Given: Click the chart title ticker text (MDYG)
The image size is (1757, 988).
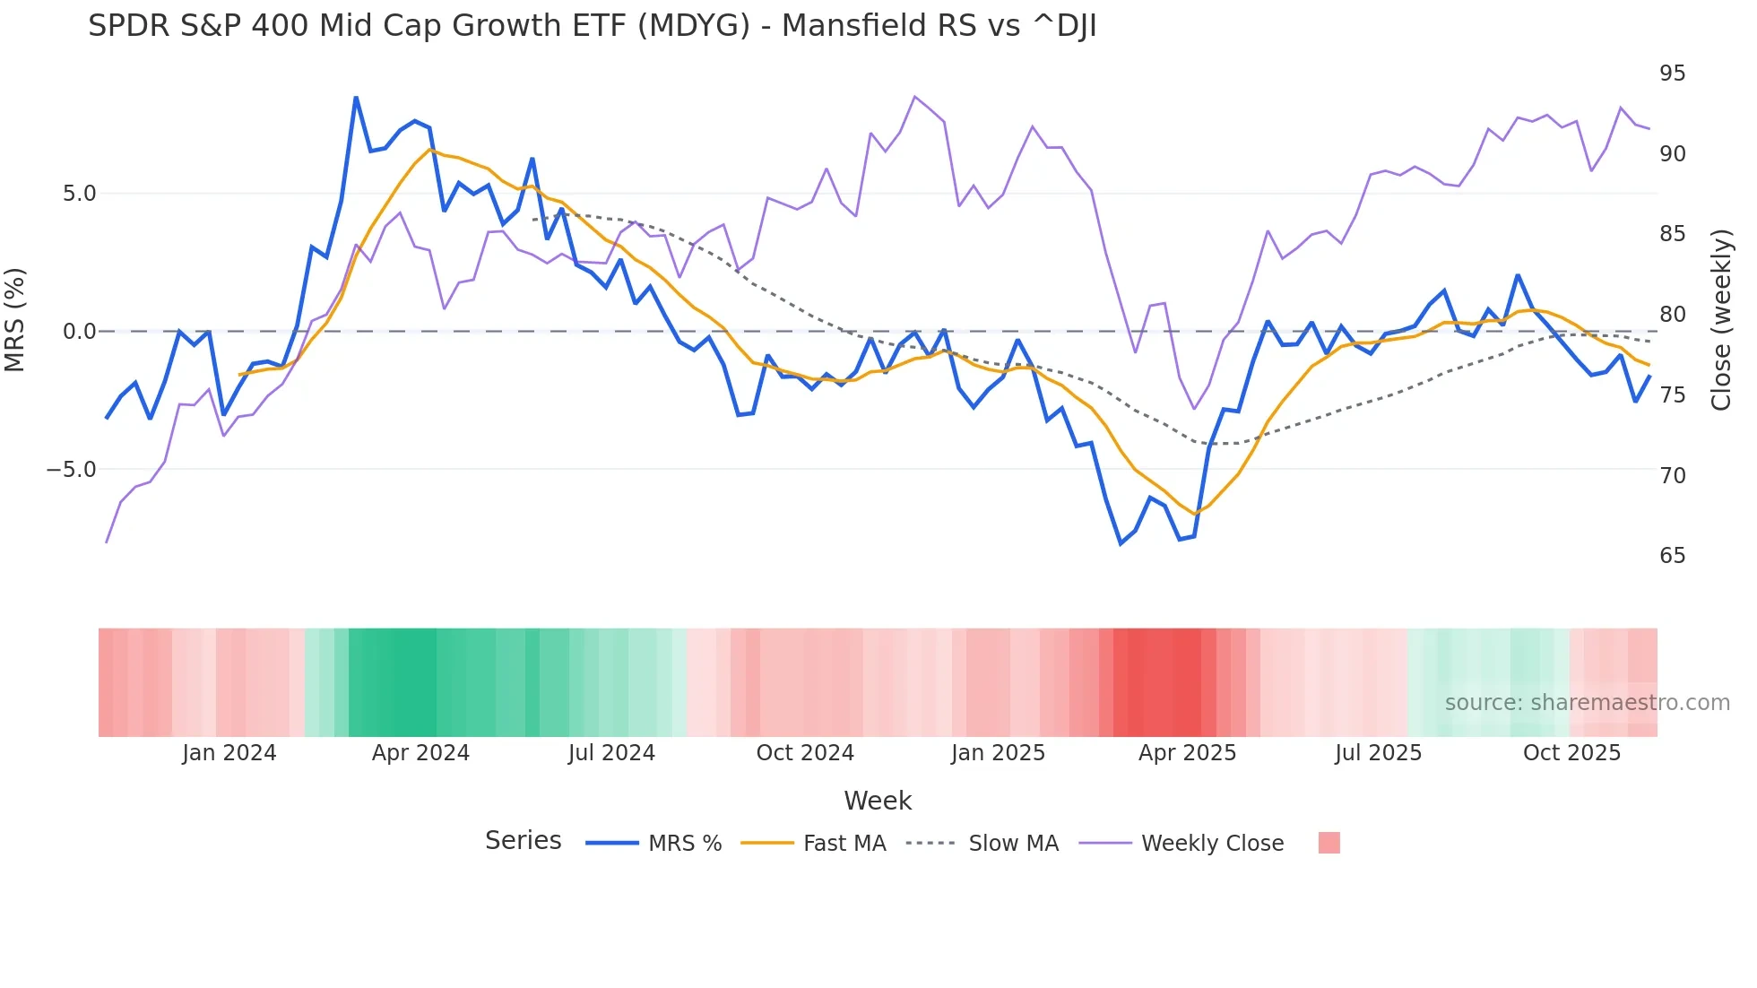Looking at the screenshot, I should (x=693, y=26).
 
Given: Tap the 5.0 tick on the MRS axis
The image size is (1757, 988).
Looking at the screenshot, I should (x=79, y=194).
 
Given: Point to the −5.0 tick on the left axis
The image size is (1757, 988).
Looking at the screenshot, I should (x=72, y=470).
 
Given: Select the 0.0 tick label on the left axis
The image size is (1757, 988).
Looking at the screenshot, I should (x=79, y=332).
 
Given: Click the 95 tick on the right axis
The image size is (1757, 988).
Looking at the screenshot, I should (x=1672, y=74).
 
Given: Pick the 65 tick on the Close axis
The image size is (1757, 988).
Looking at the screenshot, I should (x=1672, y=556).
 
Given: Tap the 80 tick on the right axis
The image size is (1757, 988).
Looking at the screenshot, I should (x=1672, y=315).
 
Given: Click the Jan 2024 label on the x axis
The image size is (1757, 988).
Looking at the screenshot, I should (x=229, y=753).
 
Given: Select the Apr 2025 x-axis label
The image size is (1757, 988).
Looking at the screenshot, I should (x=1187, y=753).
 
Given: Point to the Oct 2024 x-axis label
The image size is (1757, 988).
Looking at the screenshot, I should (x=805, y=753).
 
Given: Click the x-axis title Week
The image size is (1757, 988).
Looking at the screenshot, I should (x=878, y=801).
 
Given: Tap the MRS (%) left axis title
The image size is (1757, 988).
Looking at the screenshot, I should (x=15, y=320).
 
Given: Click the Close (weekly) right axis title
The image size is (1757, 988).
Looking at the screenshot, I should (x=1720, y=320).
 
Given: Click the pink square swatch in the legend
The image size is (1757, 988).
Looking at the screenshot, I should (x=1329, y=843).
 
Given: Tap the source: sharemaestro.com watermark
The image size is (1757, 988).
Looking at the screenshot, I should (x=1587, y=703).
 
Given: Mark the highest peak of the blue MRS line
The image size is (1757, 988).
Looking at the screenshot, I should (x=356, y=98).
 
